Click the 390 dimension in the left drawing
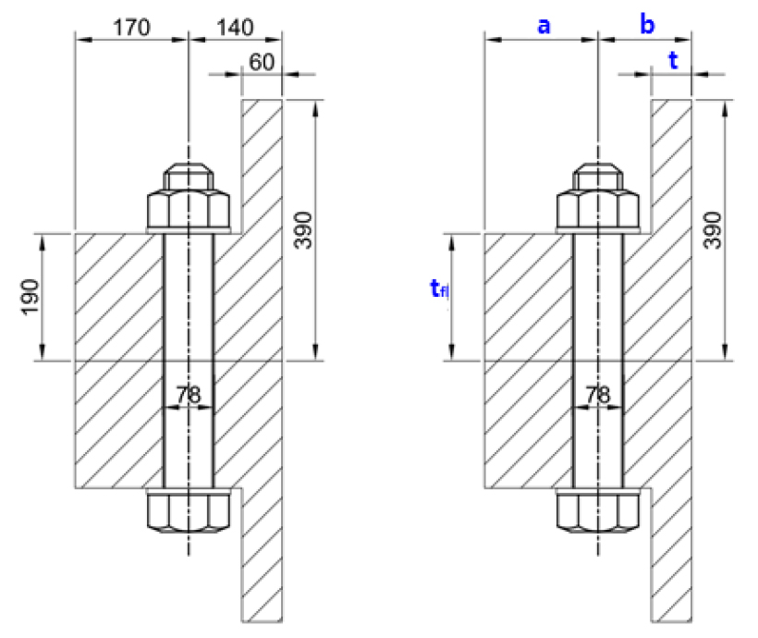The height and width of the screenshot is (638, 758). point(304,230)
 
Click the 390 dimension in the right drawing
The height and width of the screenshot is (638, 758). point(713,230)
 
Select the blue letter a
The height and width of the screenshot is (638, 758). point(544,26)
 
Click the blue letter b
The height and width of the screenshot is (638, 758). point(647,26)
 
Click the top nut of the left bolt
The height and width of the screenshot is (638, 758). point(189,211)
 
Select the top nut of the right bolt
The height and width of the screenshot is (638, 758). point(598,211)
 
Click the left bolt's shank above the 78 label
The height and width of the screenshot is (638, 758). point(189,305)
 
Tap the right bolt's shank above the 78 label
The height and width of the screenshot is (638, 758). point(598,305)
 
